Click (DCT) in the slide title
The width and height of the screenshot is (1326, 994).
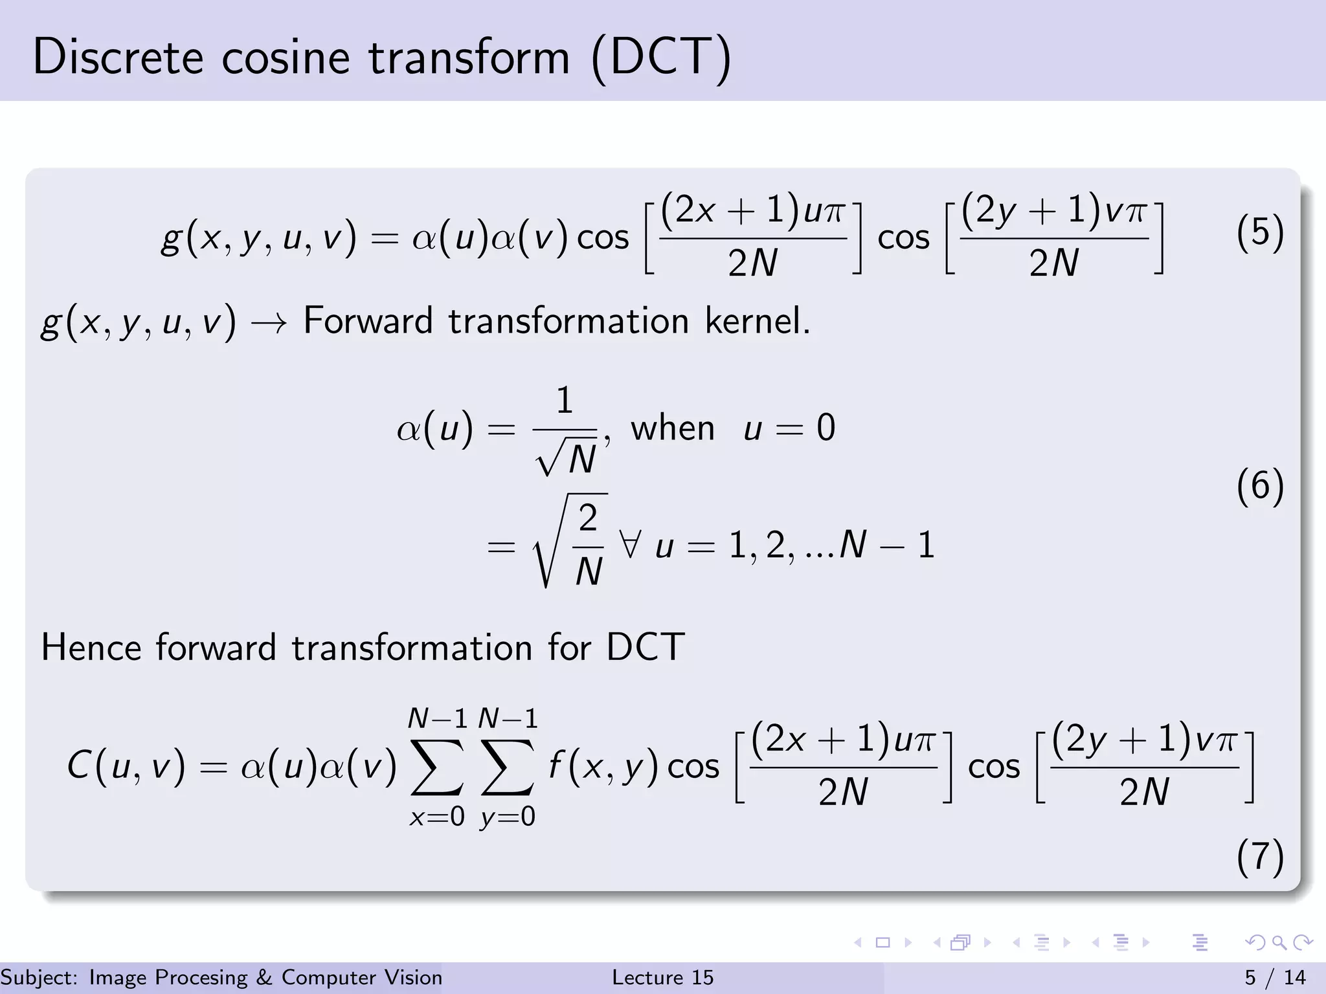click(x=661, y=58)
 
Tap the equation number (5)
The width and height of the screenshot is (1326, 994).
click(x=1259, y=232)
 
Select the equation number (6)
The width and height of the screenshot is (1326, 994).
click(x=1259, y=486)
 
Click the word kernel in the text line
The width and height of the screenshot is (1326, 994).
click(x=757, y=321)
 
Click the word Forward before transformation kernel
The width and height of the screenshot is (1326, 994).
click(x=368, y=321)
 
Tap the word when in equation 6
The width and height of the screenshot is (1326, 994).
click(x=673, y=428)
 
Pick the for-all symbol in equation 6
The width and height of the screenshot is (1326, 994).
click(x=630, y=544)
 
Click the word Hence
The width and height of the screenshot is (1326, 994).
click(x=91, y=647)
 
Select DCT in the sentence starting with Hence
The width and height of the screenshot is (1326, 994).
click(x=645, y=647)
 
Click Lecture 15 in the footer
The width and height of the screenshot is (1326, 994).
click(x=662, y=977)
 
